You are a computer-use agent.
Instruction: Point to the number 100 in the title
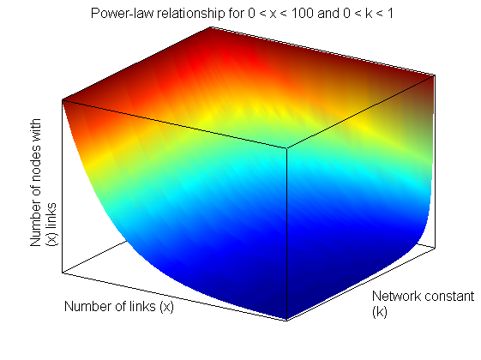pyautogui.click(x=302, y=14)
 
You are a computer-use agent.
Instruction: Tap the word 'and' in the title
pyautogui.click(x=328, y=14)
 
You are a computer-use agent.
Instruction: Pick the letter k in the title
pyautogui.click(x=369, y=14)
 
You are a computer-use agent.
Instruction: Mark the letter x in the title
pyautogui.click(x=273, y=15)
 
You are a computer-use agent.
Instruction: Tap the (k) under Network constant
pyautogui.click(x=380, y=312)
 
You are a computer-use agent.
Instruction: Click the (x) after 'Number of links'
pyautogui.click(x=166, y=307)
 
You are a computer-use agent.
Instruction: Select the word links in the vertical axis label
pyautogui.click(x=51, y=215)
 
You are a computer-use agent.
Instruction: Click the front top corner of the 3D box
pyautogui.click(x=287, y=148)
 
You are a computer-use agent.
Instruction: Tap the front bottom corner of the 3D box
pyautogui.click(x=287, y=321)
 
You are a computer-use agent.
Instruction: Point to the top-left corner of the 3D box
pyautogui.click(x=63, y=100)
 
